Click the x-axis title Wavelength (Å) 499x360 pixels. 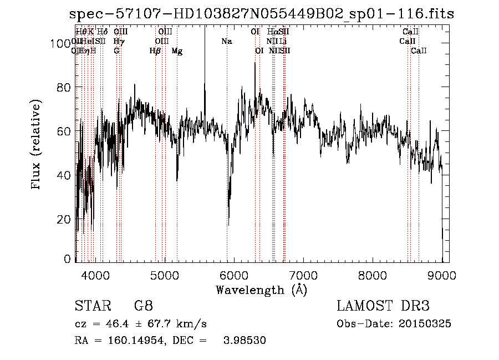coord(261,290)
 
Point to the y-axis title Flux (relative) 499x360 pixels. coord(37,145)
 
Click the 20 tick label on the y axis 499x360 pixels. coord(65,219)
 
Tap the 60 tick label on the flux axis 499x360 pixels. coord(65,131)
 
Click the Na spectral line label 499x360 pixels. coord(226,42)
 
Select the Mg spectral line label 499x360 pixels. coord(177,51)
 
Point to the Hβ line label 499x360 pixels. coord(155,51)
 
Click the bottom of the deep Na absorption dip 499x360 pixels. coord(228,225)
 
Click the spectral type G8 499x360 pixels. coord(144,306)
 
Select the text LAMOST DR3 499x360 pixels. coord(383,306)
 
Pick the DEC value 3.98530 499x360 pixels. coord(245,341)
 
